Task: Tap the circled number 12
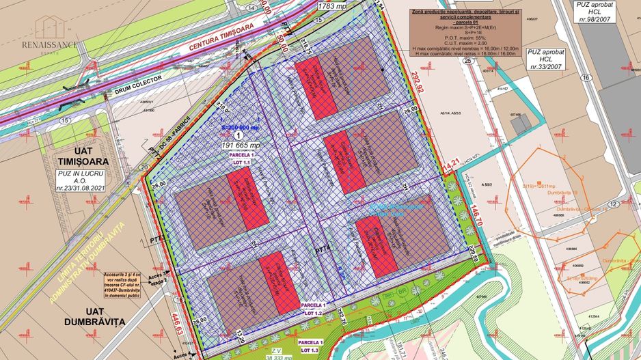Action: pyautogui.click(x=614, y=204)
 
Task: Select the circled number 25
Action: pyautogui.click(x=467, y=61)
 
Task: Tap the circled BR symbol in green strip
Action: pyautogui.click(x=403, y=290)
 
